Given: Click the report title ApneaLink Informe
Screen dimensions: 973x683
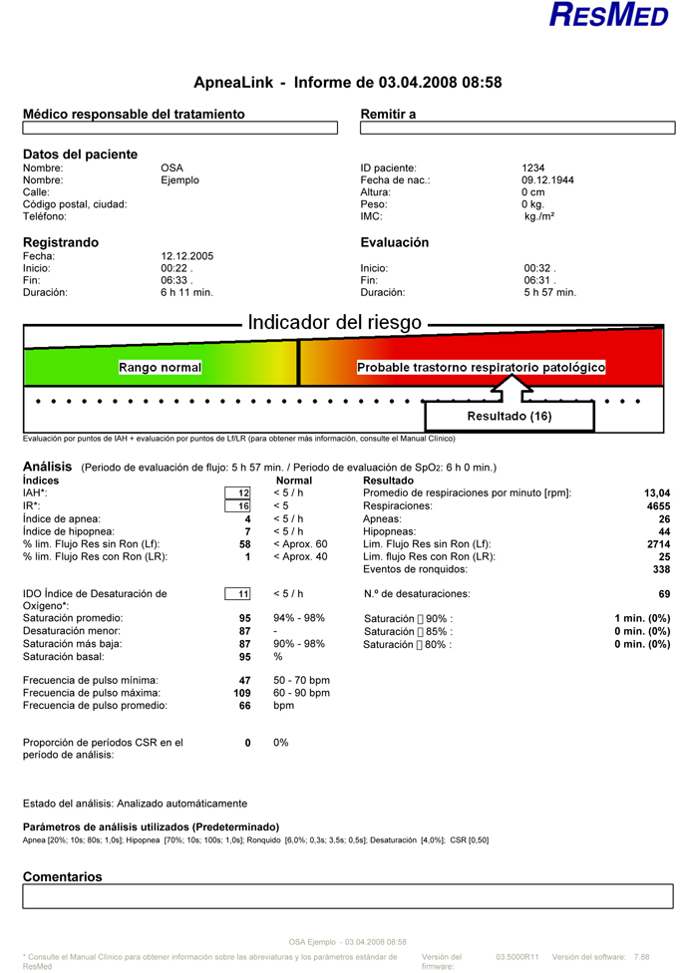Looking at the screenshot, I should (x=347, y=83).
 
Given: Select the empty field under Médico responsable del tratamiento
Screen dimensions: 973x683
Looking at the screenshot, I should (x=180, y=128).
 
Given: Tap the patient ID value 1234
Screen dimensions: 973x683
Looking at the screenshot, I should (x=533, y=167).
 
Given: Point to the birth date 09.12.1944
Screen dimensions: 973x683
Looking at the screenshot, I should (x=546, y=180).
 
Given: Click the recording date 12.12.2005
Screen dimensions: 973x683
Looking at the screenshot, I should (x=187, y=256).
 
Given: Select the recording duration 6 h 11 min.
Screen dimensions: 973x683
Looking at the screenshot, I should (x=187, y=293).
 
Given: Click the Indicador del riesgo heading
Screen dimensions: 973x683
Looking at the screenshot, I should (x=334, y=323).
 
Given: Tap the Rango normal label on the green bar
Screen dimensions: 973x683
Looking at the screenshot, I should (x=161, y=368).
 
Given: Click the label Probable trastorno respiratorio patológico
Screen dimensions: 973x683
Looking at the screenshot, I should (x=481, y=368).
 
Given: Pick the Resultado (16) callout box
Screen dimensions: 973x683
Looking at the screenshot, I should (x=510, y=415).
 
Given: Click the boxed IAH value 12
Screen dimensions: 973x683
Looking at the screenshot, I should (x=238, y=493).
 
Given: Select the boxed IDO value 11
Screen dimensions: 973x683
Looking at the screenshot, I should (x=238, y=594).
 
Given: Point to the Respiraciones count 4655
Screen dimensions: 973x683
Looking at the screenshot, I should (x=653, y=506).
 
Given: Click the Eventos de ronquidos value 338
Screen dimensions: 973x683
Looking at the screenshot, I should (x=657, y=568).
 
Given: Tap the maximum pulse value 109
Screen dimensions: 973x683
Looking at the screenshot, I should (x=241, y=693).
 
